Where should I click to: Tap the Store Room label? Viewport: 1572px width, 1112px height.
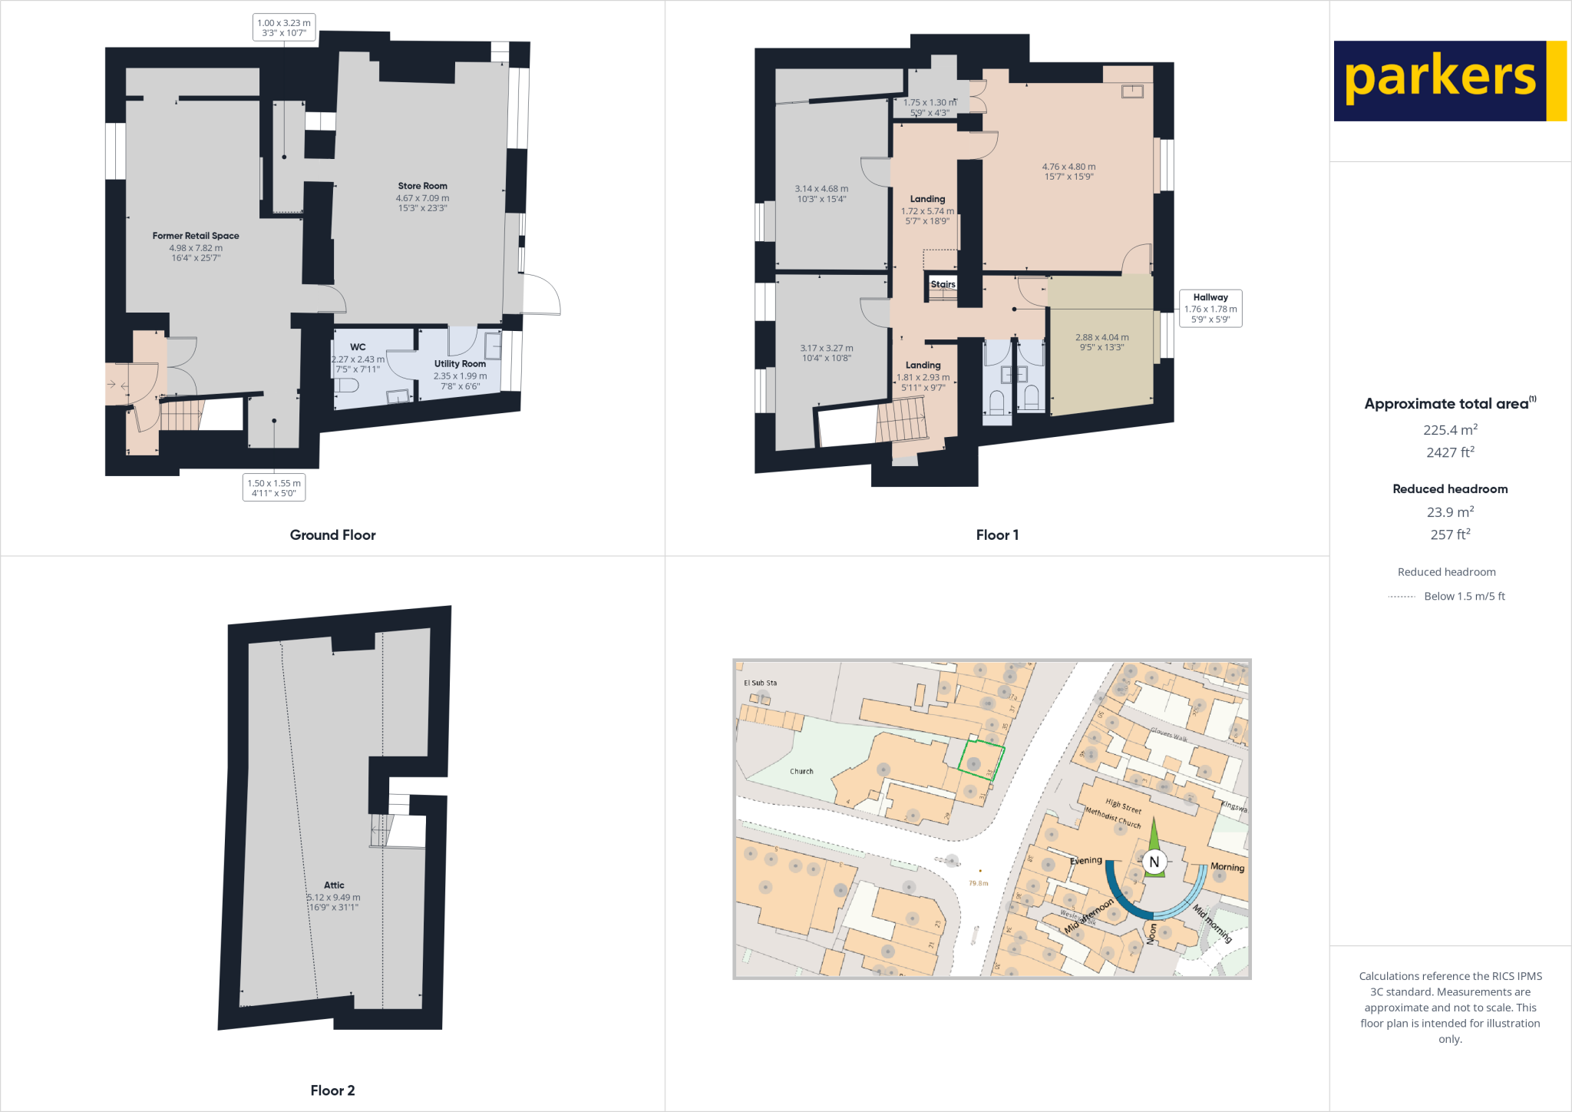click(x=422, y=186)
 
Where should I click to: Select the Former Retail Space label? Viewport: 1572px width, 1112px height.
click(x=196, y=236)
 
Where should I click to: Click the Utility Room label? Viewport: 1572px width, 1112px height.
click(x=460, y=364)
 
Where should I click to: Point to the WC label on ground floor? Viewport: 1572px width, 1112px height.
click(x=358, y=347)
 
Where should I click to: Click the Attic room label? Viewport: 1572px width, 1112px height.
click(x=334, y=885)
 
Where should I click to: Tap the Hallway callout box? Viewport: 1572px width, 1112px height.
click(x=1210, y=308)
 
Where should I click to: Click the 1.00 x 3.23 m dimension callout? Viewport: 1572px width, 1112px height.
click(x=284, y=28)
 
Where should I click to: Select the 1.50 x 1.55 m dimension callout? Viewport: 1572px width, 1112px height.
click(x=274, y=488)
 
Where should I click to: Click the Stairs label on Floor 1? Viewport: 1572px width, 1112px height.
click(x=943, y=284)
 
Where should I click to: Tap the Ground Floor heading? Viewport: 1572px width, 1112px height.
click(x=332, y=535)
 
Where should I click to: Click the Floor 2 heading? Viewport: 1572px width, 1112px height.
click(x=332, y=1090)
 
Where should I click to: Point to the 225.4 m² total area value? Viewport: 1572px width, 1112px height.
click(x=1450, y=430)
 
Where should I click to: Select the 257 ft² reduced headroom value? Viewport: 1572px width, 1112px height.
click(x=1450, y=534)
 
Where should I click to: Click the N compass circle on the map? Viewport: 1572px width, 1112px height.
click(x=1154, y=862)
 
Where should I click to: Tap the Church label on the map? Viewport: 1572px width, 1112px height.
click(x=801, y=771)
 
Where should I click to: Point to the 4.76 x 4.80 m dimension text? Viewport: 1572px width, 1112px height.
click(x=1068, y=167)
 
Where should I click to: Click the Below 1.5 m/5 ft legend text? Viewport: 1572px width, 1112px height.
click(x=1464, y=596)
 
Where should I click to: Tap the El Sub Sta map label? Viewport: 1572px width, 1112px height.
click(x=760, y=683)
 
